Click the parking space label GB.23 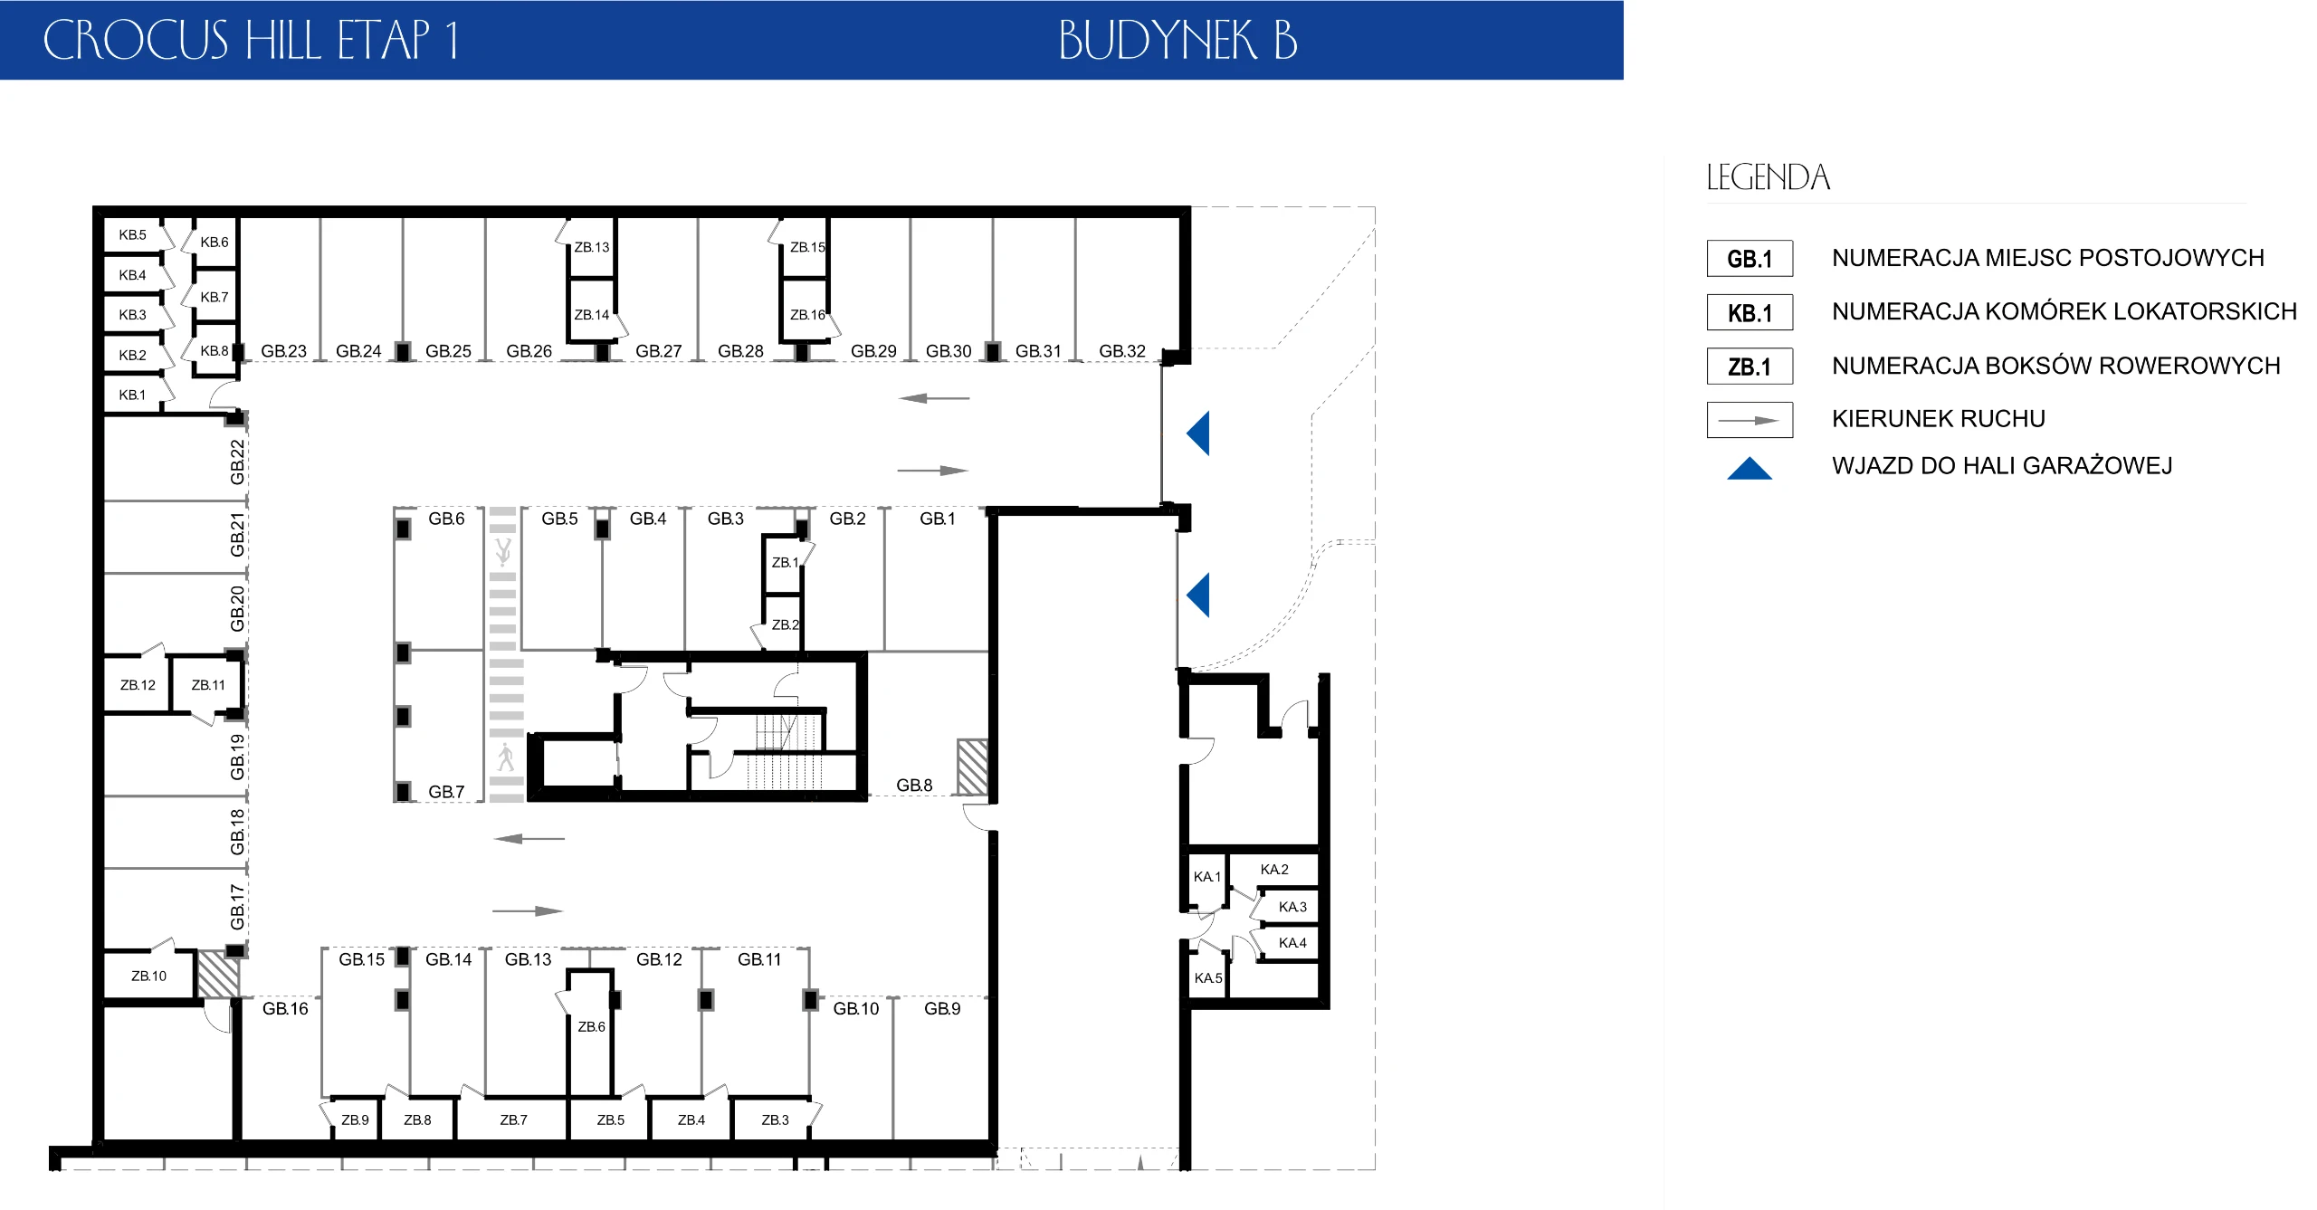click(283, 351)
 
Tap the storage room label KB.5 click(132, 235)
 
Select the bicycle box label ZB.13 click(592, 247)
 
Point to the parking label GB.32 click(1122, 351)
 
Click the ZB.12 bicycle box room click(138, 685)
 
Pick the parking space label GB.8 click(914, 786)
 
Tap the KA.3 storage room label click(1292, 907)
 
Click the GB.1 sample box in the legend click(1750, 259)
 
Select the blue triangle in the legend click(1750, 468)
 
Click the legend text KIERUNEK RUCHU click(1939, 419)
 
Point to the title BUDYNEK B click(1178, 41)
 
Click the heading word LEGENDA click(1769, 177)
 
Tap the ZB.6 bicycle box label click(592, 1026)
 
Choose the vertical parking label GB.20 click(237, 609)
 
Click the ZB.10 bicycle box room click(148, 976)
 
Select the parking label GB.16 click(285, 1009)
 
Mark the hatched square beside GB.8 click(973, 767)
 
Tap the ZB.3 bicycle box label click(775, 1120)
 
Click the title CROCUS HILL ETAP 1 click(251, 41)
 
